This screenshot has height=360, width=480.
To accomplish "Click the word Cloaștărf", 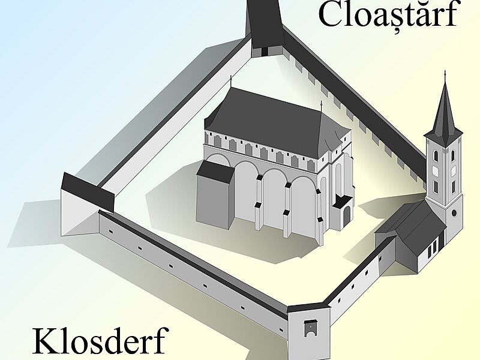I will point(387,15).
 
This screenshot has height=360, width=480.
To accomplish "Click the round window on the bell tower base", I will point(454,213).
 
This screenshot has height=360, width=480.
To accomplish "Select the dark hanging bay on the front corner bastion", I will point(310,328).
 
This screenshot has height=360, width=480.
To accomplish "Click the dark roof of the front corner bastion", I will point(308,307).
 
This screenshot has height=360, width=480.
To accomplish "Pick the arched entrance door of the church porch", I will point(346,217).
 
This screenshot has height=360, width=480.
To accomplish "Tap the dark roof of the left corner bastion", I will point(87,191).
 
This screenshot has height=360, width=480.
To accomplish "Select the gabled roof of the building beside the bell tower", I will point(414,225).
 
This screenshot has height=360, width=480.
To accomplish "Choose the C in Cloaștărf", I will point(332,15).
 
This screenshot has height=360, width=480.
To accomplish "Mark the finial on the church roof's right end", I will point(321,106).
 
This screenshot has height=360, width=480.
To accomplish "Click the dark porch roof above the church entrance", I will point(343,201).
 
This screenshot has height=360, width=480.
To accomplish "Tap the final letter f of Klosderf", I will point(160,341).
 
